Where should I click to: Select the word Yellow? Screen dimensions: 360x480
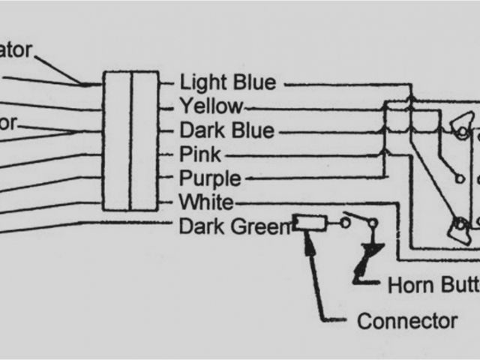point(211,106)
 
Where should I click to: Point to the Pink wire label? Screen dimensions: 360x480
point(200,154)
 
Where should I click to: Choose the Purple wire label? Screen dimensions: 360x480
point(210,178)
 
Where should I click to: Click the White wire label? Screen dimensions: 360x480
point(206,202)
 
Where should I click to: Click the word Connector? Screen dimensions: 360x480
point(407,322)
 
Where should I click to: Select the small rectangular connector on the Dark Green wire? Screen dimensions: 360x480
point(309,223)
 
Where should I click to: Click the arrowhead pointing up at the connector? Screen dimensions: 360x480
point(307,235)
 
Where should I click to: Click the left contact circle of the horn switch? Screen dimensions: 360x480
point(345,223)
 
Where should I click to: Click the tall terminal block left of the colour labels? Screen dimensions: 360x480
point(130,141)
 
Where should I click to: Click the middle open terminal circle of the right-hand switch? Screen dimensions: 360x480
point(458,178)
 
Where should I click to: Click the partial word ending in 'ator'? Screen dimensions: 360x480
point(16,50)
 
